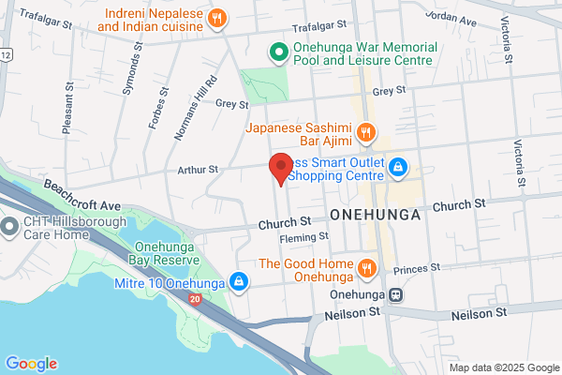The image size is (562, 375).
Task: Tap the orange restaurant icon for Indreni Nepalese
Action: [x=217, y=18]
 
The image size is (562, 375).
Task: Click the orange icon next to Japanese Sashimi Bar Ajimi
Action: [x=367, y=131]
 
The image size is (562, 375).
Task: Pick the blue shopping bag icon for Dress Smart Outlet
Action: [x=398, y=167]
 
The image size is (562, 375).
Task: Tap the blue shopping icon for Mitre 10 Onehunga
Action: [x=240, y=281]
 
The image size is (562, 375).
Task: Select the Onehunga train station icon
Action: [x=397, y=293]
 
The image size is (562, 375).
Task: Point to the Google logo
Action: [x=31, y=364]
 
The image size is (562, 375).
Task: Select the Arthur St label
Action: [x=200, y=170]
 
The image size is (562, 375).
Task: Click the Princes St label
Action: [x=417, y=269]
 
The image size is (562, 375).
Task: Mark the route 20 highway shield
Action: [x=194, y=299]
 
